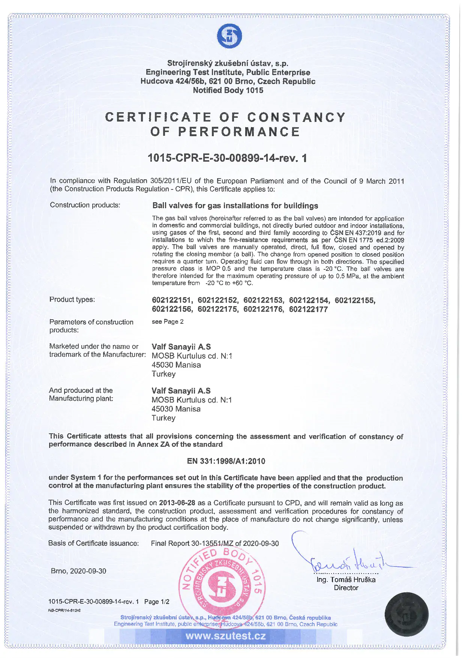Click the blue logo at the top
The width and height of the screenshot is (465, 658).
click(x=229, y=36)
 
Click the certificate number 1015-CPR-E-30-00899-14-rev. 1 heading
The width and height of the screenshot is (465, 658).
click(x=227, y=158)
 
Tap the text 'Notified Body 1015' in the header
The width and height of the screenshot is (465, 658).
click(x=228, y=90)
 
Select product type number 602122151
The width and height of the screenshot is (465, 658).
click(x=172, y=300)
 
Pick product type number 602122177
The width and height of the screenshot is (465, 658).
click(x=308, y=309)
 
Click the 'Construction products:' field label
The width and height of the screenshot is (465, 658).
click(x=85, y=205)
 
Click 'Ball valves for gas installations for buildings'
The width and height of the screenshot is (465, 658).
click(x=235, y=206)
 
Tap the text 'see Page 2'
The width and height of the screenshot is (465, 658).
click(x=168, y=321)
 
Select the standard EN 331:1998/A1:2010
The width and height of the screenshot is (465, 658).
click(x=226, y=461)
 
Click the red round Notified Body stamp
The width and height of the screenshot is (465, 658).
click(x=223, y=585)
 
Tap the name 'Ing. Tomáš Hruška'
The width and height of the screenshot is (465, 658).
click(x=346, y=580)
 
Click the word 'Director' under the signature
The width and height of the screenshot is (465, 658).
click(x=346, y=588)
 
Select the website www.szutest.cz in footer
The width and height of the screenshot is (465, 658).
click(x=225, y=636)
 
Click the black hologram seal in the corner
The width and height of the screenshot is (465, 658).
click(x=406, y=614)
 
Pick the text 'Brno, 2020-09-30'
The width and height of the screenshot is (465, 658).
click(x=78, y=571)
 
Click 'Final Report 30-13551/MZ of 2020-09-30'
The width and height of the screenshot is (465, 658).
click(x=215, y=543)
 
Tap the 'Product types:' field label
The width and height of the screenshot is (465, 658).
click(x=72, y=299)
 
